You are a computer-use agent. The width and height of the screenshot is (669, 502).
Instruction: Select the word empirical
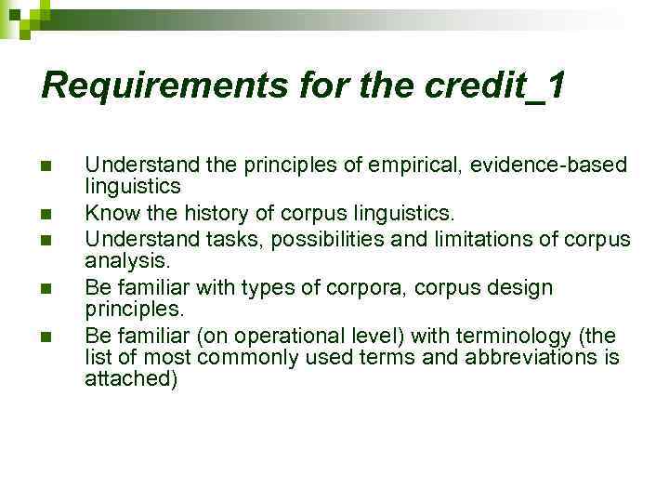(x=417, y=165)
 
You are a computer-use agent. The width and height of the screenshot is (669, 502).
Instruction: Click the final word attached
(x=130, y=379)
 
